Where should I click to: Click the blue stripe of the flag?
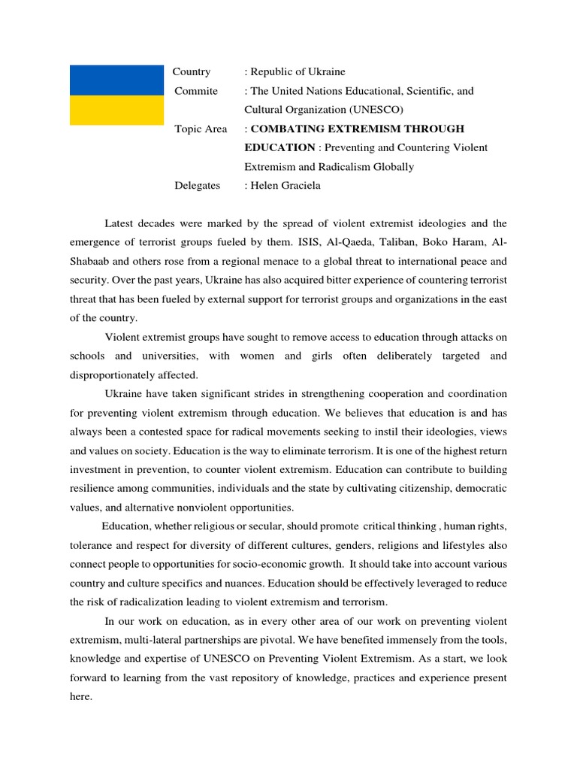tap(116, 80)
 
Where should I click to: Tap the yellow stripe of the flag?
tap(116, 110)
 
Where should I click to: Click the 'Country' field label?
tap(192, 72)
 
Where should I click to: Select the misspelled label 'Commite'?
tap(196, 91)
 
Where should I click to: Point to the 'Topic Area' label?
tap(201, 129)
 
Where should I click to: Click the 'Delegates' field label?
tap(198, 186)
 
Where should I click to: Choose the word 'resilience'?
tap(96, 489)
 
